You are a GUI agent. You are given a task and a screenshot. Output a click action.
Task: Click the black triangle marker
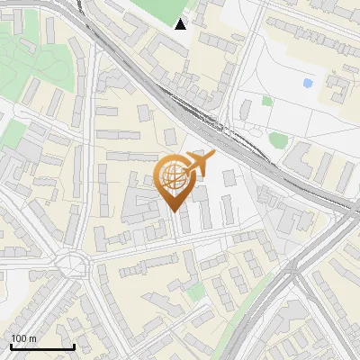[181, 24]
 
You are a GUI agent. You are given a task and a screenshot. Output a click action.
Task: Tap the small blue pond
[309, 84]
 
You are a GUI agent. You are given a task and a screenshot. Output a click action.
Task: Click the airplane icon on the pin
[200, 163]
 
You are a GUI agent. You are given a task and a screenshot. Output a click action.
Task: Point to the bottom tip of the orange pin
[174, 211]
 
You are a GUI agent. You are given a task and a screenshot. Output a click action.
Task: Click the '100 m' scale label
[22, 338]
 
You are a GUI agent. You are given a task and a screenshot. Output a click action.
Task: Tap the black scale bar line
[42, 346]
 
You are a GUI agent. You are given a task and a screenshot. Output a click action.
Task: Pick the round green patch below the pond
[279, 139]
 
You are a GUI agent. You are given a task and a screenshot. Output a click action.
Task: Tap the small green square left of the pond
[267, 101]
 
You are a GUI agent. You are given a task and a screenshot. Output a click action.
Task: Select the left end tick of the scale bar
[12, 346]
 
